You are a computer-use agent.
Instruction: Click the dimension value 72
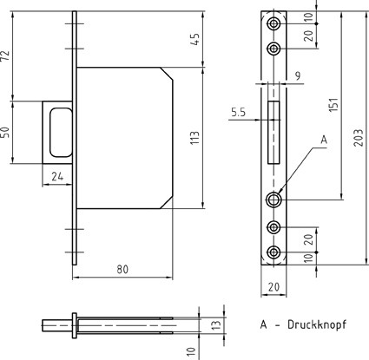coord(6,56)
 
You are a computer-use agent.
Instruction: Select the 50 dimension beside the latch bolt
coord(6,132)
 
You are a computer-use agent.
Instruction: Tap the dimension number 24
coord(57,176)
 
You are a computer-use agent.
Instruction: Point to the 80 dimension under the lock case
coord(122,269)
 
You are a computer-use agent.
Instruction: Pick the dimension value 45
coord(195,39)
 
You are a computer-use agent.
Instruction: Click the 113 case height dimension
coord(195,138)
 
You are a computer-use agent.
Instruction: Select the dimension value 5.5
coord(239,112)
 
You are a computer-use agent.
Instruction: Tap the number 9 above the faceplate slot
coord(298,75)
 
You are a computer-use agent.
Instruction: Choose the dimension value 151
coord(333,104)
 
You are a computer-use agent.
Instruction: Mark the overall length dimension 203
coord(359,138)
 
